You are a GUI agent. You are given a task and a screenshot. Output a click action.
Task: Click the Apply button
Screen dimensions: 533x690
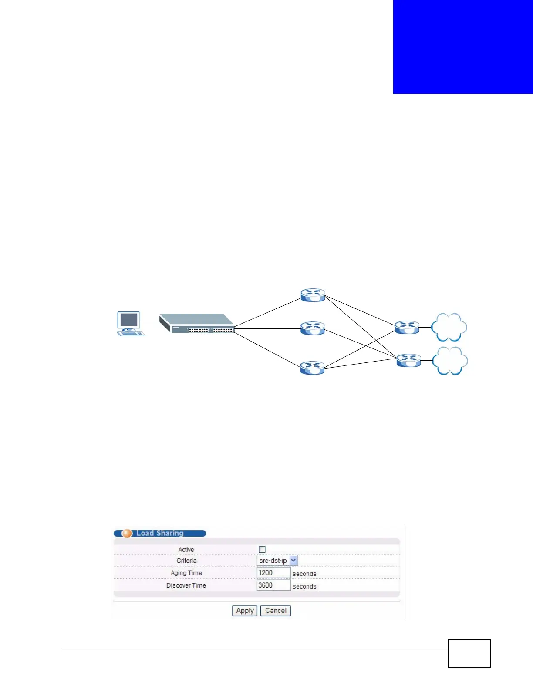click(x=245, y=611)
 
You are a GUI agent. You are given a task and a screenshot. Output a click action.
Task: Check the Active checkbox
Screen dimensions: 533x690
click(x=262, y=550)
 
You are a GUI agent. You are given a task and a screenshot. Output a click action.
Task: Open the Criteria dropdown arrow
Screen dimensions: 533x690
click(x=293, y=561)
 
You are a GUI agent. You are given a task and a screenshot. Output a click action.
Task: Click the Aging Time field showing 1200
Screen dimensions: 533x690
click(x=273, y=573)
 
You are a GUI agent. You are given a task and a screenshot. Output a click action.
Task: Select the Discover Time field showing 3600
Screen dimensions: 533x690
click(x=273, y=585)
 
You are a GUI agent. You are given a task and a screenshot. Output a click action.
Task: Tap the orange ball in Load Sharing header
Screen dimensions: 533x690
click(x=127, y=533)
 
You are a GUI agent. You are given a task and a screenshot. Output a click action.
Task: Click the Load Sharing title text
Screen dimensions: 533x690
click(x=160, y=533)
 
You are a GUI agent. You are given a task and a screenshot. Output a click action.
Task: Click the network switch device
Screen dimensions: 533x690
click(x=197, y=324)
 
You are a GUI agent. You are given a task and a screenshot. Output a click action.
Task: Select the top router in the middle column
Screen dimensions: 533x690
click(x=313, y=295)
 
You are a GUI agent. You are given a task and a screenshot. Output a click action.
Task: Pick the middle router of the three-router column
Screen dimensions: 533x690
click(x=313, y=328)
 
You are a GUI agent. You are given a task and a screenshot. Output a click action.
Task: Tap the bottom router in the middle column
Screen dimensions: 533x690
click(x=313, y=368)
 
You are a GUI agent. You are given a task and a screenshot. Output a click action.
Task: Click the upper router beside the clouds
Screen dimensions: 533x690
click(x=407, y=327)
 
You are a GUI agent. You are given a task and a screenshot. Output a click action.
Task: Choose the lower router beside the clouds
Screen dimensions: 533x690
click(x=408, y=360)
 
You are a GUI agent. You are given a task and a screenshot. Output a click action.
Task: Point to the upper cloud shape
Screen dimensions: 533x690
click(x=449, y=327)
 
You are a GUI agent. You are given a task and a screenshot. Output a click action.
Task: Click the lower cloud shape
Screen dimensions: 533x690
click(x=449, y=361)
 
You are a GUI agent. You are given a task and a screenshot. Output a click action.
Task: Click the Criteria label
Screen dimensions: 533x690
click(x=186, y=561)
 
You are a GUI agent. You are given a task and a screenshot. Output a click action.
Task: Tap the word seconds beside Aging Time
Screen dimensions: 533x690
click(x=304, y=574)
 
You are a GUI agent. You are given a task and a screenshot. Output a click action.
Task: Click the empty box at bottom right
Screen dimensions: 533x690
click(x=469, y=653)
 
